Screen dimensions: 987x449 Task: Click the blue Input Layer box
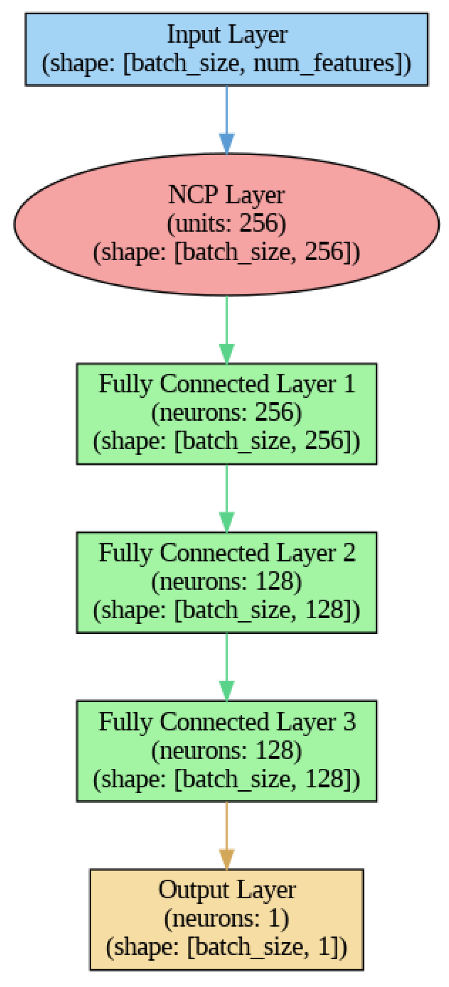(x=226, y=49)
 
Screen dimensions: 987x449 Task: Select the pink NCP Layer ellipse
(x=226, y=224)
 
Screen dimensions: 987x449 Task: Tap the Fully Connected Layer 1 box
(x=226, y=413)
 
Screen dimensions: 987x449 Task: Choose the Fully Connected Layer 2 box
(x=226, y=582)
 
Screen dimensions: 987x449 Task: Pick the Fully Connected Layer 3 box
(x=226, y=751)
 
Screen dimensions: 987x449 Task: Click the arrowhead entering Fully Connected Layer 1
(x=227, y=353)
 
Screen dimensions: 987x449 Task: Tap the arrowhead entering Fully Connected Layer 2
(x=227, y=522)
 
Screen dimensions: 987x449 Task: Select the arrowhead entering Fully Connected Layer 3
(x=227, y=690)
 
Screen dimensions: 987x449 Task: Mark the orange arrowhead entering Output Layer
(x=227, y=859)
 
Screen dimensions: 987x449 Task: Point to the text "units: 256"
(x=226, y=223)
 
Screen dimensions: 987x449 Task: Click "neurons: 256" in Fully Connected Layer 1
(x=226, y=413)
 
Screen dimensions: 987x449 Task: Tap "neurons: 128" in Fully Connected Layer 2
(x=226, y=582)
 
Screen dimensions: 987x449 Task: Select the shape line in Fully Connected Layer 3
(x=226, y=779)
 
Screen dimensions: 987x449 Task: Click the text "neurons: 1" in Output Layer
(x=226, y=919)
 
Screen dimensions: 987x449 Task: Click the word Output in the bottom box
(x=193, y=890)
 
